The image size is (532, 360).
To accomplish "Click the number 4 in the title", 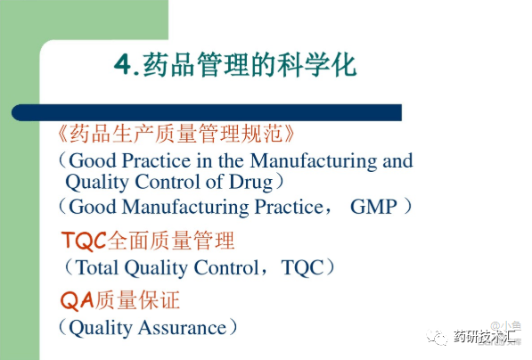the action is coord(123,64).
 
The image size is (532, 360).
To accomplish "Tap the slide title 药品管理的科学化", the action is coord(250,64).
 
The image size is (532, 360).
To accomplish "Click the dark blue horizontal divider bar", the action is coord(207,112).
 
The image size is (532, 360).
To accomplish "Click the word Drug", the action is coord(251,182).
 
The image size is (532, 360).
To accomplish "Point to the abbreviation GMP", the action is coord(373,207).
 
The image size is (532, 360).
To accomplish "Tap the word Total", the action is coord(96,267).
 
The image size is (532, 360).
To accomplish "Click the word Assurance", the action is coord(182,327).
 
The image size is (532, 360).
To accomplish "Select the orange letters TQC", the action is coord(84,241).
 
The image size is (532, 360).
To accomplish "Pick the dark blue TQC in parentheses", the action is coord(302,267).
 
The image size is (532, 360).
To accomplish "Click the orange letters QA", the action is coord(77,300).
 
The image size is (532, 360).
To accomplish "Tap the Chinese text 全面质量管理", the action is coord(171,241).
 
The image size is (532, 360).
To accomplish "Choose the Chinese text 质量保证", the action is coord(136,300).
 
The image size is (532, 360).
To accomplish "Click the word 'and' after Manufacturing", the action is coord(397,160).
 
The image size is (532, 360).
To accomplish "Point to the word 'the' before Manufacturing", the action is coord(231,160).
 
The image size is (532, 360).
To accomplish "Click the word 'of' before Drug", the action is coord(215,182).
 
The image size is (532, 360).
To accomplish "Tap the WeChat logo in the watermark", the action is coord(437,337).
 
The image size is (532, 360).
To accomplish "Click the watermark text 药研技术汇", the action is coord(485,337).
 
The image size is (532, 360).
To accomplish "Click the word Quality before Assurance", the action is coord(101,328).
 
